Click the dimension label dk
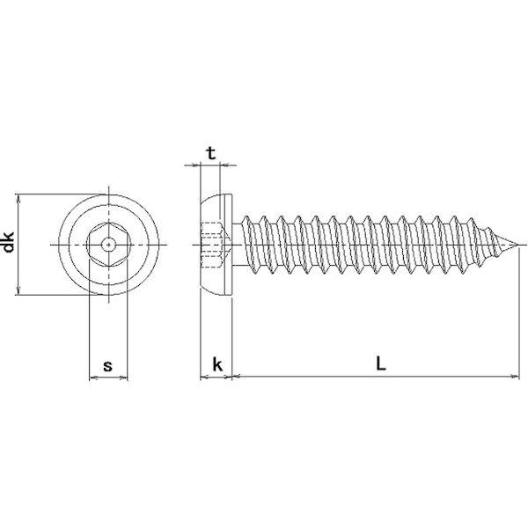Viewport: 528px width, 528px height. pyautogui.click(x=8, y=242)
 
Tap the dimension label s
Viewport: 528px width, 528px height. pyautogui.click(x=107, y=366)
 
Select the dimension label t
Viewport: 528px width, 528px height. pyautogui.click(x=211, y=153)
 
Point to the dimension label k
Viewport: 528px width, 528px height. pyautogui.click(x=217, y=364)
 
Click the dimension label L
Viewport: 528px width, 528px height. pyautogui.click(x=380, y=363)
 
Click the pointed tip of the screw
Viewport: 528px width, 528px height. pyautogui.click(x=518, y=245)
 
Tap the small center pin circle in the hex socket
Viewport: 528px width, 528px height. pyautogui.click(x=108, y=245)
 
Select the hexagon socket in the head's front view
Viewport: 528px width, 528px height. pyautogui.click(x=108, y=245)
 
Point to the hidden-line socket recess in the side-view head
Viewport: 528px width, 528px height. pyautogui.click(x=215, y=245)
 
